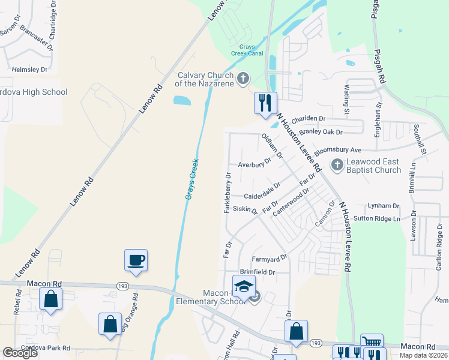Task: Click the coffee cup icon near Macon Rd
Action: (x=135, y=260)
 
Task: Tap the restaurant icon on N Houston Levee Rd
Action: (x=265, y=103)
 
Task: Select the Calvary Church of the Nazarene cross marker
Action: (x=243, y=78)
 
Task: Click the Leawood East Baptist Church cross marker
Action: (x=337, y=164)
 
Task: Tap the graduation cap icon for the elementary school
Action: (x=244, y=287)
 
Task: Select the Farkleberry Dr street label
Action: (x=228, y=192)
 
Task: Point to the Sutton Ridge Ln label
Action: (x=376, y=219)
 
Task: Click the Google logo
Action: (x=20, y=353)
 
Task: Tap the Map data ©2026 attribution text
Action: (x=422, y=355)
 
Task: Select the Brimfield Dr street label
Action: (x=257, y=272)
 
